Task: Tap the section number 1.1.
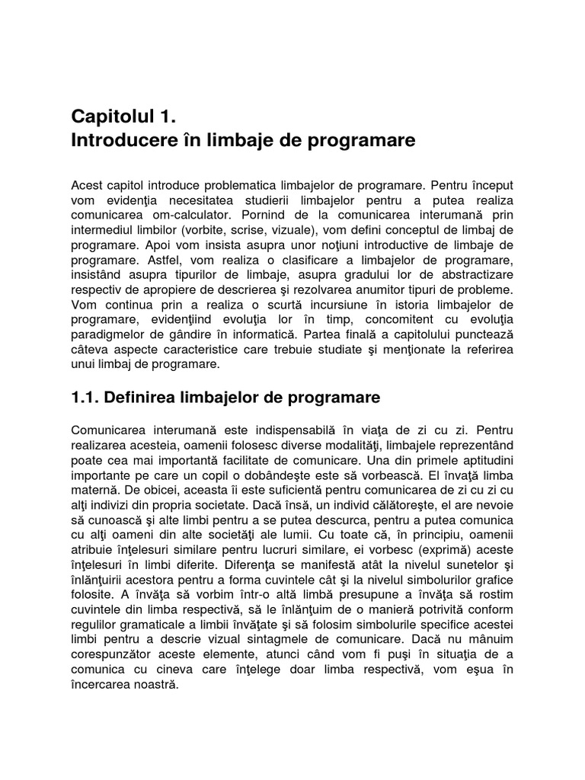pos(85,398)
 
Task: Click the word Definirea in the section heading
pos(142,398)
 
